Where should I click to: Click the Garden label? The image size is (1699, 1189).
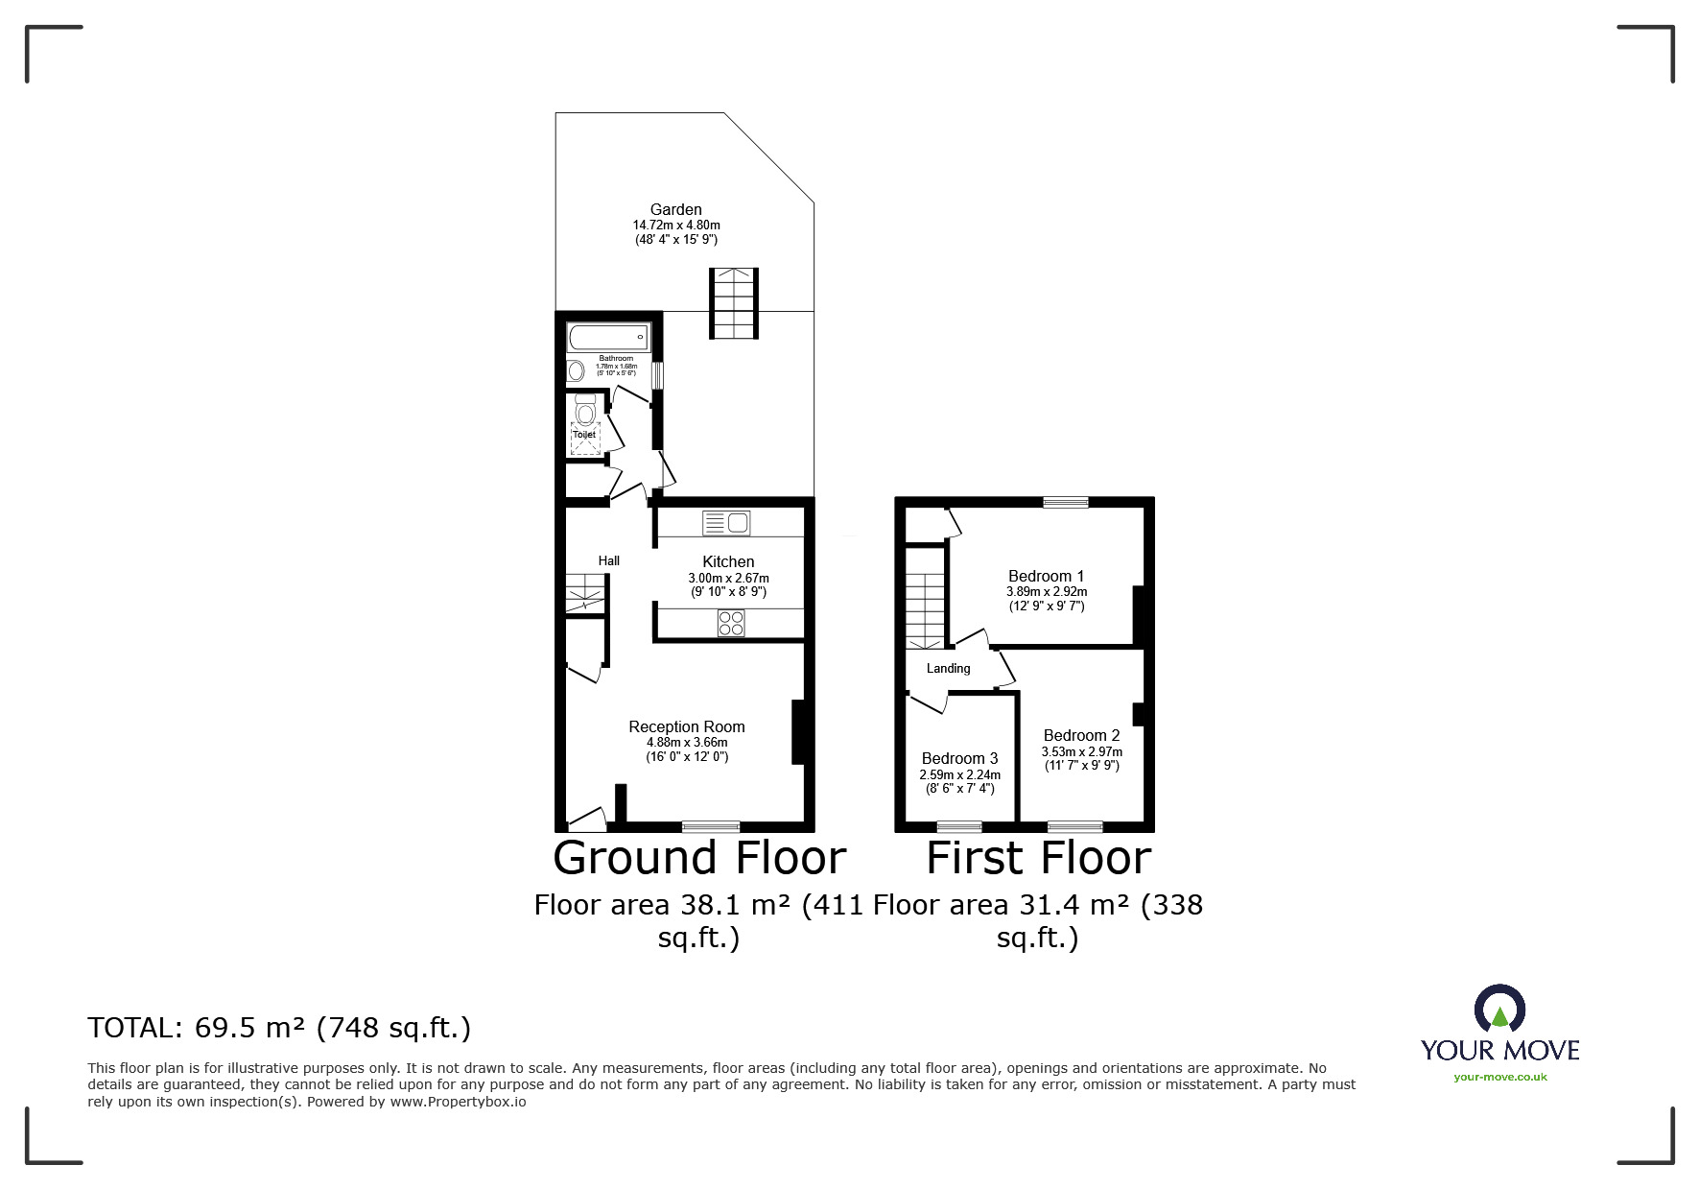tap(675, 209)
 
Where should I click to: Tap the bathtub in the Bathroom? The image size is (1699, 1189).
tap(609, 337)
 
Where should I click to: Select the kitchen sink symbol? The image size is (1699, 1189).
tap(726, 523)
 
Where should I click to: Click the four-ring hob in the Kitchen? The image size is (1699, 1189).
tap(731, 623)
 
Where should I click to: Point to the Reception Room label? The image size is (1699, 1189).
tap(687, 726)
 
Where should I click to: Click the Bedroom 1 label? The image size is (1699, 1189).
tap(1046, 577)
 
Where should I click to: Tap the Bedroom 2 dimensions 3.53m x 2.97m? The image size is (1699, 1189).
tap(1082, 751)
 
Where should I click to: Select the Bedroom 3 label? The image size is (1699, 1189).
tap(959, 758)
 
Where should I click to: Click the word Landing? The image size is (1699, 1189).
tap(948, 668)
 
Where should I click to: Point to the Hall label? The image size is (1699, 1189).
tap(609, 560)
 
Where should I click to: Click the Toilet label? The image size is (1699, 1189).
tap(584, 434)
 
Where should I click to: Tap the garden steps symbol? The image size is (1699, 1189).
tap(734, 303)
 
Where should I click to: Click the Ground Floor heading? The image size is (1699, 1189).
tap(699, 857)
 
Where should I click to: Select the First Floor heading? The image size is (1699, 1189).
tap(1038, 857)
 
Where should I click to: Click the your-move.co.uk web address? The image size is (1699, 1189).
tap(1500, 1077)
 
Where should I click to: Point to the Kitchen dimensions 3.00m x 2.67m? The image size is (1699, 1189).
tap(728, 578)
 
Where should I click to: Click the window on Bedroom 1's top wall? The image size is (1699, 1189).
tap(1066, 501)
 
